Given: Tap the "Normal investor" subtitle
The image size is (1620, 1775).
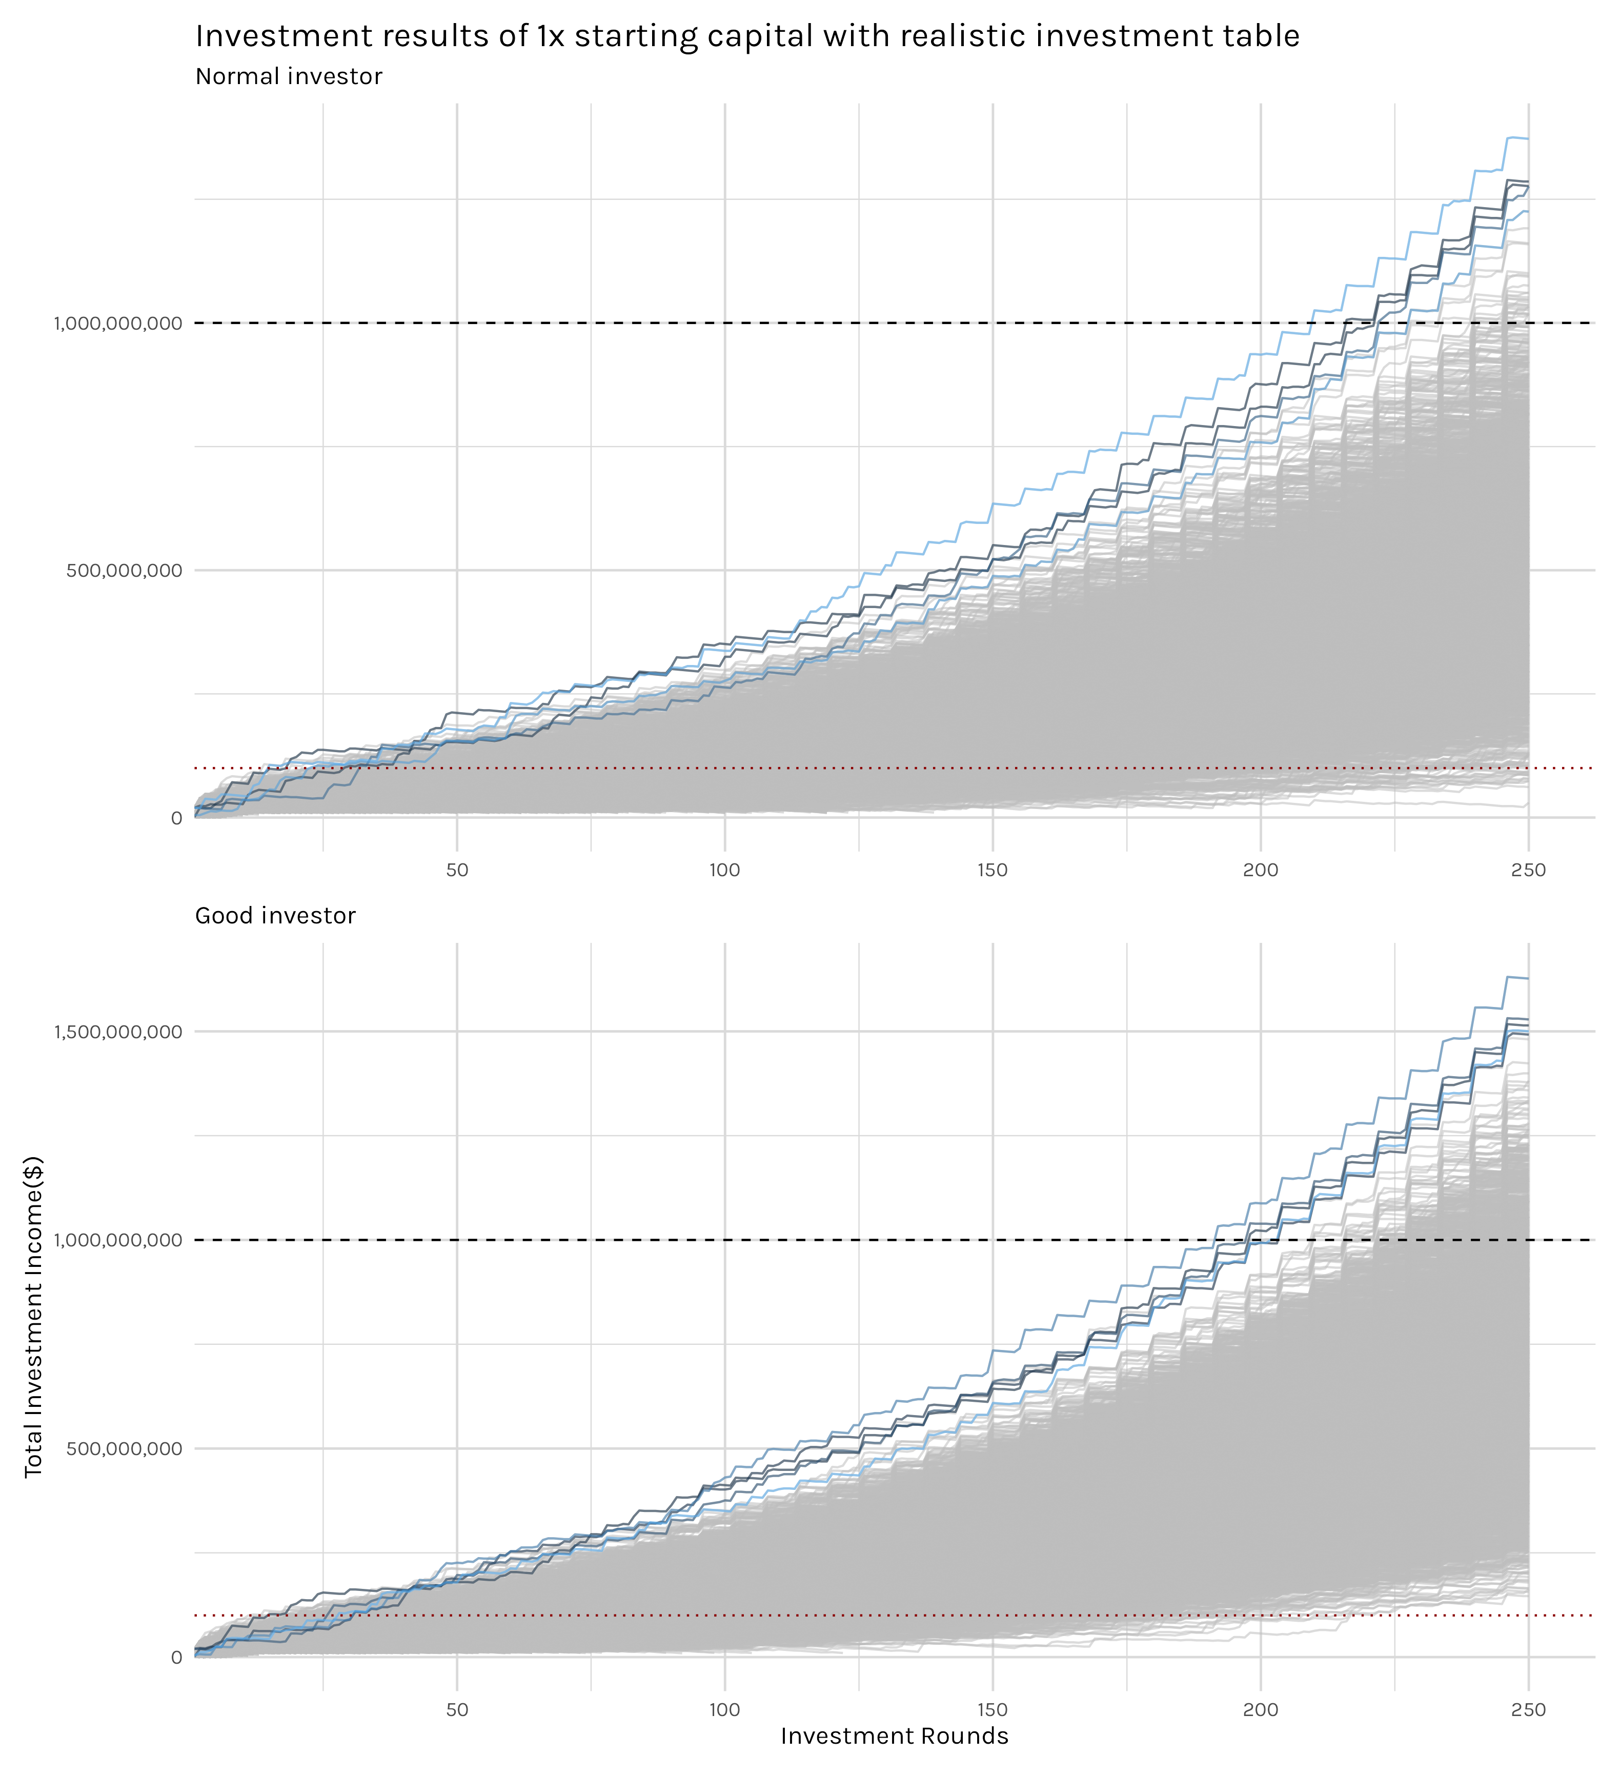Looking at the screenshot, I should pos(289,76).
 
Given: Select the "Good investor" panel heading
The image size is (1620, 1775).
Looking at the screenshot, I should pos(276,916).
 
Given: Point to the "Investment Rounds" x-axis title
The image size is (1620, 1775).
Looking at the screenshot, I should pos(895,1736).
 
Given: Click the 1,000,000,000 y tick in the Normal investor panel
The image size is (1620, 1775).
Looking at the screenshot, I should pos(118,323).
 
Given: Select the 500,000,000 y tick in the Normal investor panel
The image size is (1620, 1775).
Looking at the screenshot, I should pos(124,571).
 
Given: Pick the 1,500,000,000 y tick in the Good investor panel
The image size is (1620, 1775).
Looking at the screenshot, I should pos(118,1032).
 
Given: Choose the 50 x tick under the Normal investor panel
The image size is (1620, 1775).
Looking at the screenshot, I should pos(457,871).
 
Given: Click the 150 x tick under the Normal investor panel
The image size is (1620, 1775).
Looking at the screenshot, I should pos(993,871).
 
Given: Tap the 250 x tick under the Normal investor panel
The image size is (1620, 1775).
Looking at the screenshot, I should pos(1528,871).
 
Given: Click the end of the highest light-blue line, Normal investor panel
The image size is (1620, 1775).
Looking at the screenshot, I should pos(1528,139).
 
